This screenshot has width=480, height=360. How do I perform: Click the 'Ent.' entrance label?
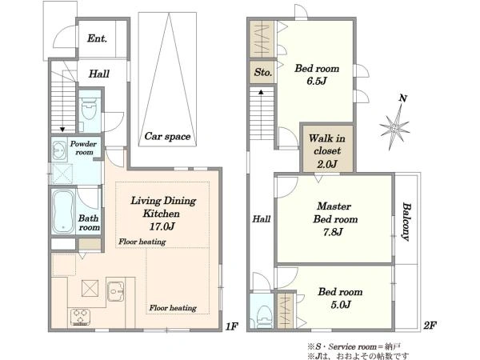coord(97,38)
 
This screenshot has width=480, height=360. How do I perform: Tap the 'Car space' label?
coord(167,136)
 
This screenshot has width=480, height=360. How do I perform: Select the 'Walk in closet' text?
coord(327,145)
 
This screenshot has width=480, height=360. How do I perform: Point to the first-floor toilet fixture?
coord(89,110)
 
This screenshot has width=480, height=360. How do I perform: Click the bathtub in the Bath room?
coord(63,211)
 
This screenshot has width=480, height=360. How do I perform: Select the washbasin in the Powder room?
coord(59,150)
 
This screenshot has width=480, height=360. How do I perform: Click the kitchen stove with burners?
coord(80,317)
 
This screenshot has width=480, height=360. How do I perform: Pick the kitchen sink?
coord(116,291)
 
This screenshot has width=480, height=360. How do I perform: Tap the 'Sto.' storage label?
coord(263,73)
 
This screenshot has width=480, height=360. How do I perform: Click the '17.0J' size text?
coord(162,226)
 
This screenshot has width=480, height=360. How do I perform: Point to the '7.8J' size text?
coord(333,232)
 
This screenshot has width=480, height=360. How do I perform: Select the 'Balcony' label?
coord(406,222)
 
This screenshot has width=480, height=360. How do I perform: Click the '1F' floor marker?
coord(232,327)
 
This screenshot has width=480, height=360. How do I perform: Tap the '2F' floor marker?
coord(430,325)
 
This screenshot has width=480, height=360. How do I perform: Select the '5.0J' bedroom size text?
coord(341,305)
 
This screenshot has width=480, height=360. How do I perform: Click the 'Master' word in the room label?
coord(334,206)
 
